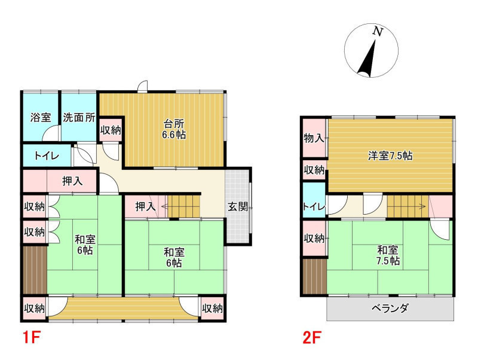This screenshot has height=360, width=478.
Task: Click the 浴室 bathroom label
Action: (41, 117)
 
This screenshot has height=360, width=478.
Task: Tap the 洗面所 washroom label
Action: (79, 117)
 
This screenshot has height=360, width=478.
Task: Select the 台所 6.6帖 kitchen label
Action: (174, 129)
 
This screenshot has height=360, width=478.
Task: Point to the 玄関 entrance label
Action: (238, 207)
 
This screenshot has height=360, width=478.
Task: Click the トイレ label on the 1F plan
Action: (47, 156)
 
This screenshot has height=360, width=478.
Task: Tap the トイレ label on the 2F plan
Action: (314, 206)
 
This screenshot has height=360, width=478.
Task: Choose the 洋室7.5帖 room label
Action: (390, 156)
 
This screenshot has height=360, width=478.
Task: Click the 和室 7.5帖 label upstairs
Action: (388, 256)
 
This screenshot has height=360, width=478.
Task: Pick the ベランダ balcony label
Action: (390, 308)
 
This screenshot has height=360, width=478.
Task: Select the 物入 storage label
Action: (314, 138)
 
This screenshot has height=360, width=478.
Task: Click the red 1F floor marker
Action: (31, 338)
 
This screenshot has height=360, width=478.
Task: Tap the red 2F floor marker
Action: (312, 338)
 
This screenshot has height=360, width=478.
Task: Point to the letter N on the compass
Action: (378, 31)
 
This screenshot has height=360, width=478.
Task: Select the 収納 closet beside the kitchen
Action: (111, 130)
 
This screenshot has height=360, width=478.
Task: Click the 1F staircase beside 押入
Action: (184, 206)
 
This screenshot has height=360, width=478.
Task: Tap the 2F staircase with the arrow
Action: (408, 206)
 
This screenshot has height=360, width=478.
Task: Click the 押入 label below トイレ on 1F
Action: (72, 181)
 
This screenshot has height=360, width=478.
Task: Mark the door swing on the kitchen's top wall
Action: (143, 86)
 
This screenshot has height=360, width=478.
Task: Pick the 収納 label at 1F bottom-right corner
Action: (213, 309)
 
